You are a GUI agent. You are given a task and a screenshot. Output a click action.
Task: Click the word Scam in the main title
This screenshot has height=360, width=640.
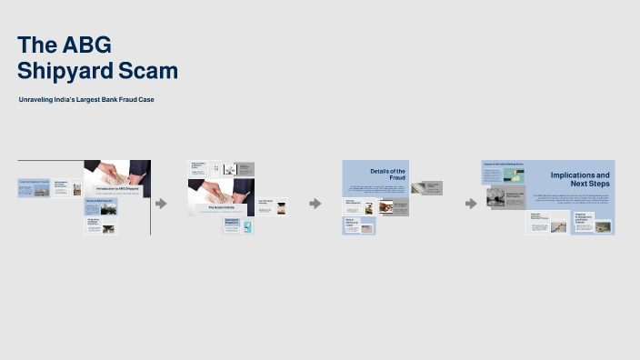149,71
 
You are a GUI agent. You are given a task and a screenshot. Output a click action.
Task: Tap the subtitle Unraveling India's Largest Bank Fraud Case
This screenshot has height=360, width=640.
86,99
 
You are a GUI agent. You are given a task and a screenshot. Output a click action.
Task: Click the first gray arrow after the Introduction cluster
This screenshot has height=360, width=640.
161,204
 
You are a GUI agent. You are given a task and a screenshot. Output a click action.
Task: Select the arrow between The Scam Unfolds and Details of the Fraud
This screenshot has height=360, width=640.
315,204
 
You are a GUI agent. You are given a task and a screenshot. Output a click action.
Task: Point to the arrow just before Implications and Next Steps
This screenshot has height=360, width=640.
471,204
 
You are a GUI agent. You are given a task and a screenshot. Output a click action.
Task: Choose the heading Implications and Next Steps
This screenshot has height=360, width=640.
580,178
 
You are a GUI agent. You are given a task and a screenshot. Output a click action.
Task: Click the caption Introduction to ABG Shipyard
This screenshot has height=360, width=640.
117,189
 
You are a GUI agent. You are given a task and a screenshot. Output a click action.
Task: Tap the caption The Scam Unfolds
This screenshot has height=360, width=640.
221,207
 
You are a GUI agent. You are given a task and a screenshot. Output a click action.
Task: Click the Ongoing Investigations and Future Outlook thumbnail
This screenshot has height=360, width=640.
593,222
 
